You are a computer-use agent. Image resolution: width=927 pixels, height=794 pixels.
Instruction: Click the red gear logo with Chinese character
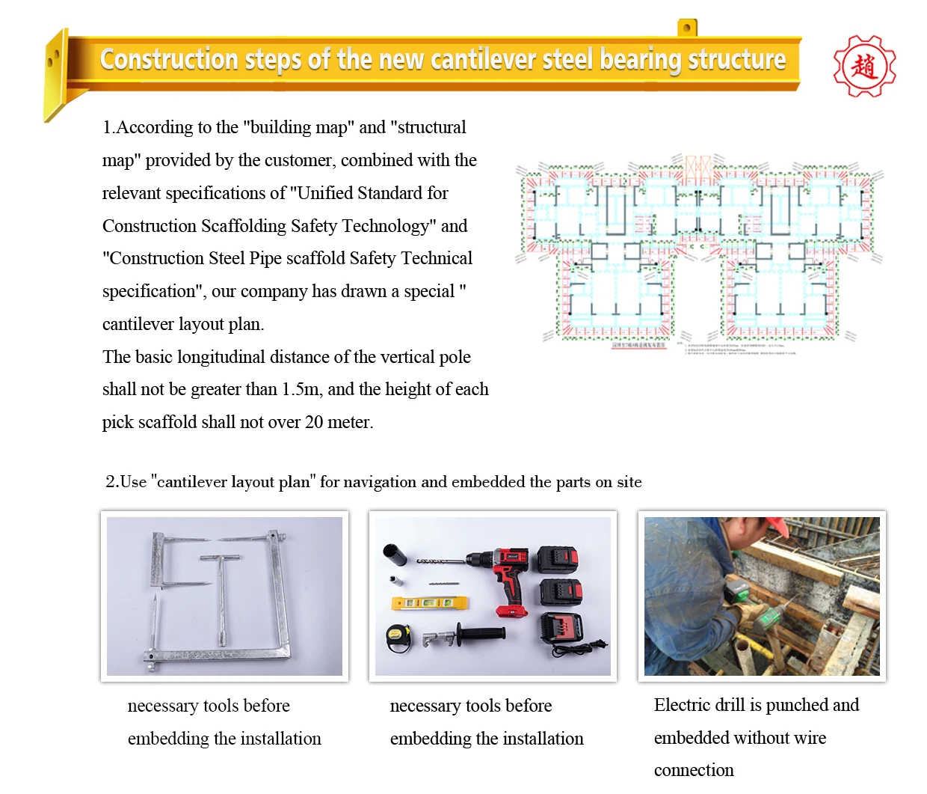click(x=864, y=67)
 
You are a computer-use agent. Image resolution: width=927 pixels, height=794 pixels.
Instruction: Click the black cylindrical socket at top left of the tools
click(x=394, y=555)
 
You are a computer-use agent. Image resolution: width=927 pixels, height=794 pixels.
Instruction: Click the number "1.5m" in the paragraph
click(x=301, y=390)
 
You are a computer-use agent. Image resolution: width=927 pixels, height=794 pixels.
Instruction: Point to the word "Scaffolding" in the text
click(x=245, y=226)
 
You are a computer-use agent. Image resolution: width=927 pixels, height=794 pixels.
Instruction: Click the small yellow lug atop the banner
click(x=687, y=28)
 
